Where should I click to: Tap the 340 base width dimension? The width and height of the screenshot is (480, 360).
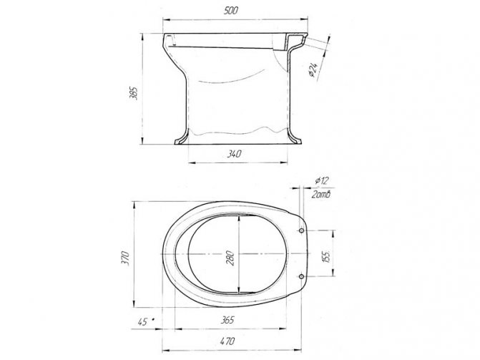tap(235, 154)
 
